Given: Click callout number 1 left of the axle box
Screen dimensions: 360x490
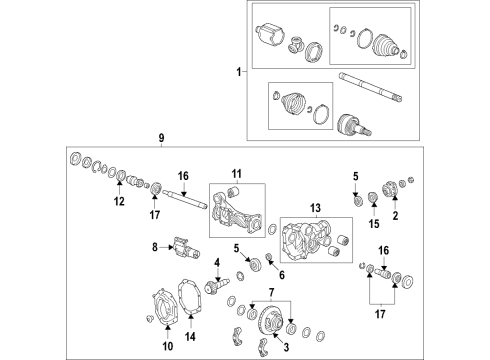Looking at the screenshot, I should pos(237,72).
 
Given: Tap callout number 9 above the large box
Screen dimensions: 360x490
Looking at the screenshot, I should pos(159,137).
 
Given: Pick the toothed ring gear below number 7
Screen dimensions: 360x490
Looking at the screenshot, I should pos(270,324).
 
